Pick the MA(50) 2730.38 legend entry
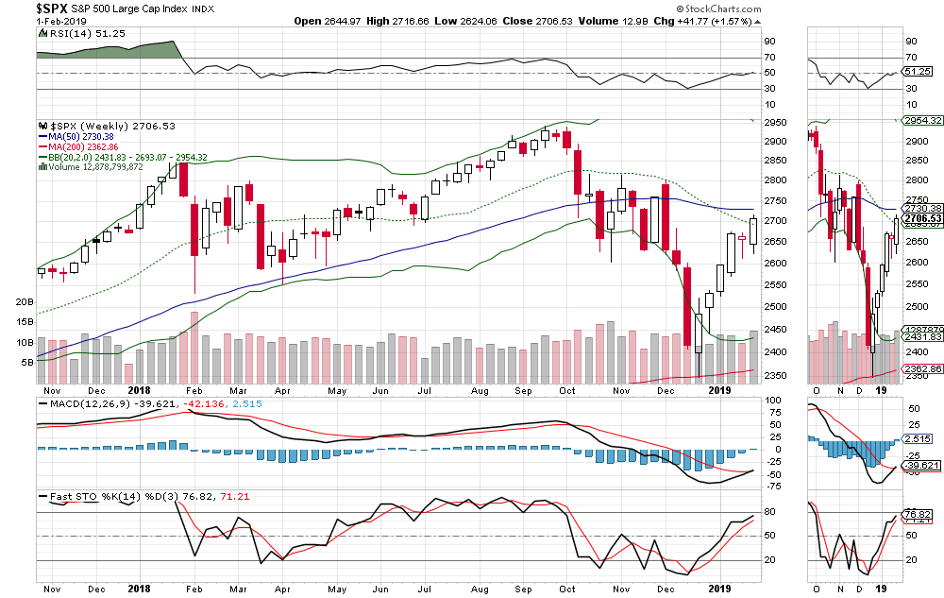[x=83, y=136]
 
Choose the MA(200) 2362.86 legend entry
[x=86, y=146]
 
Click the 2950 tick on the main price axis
[x=775, y=121]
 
